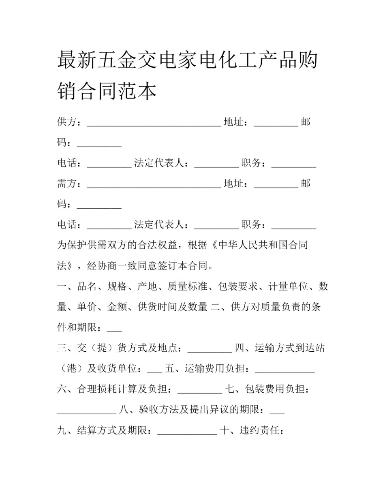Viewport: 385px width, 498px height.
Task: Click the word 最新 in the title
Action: [77, 60]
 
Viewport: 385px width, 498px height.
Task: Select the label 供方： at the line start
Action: [71, 122]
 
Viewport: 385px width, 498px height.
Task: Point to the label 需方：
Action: [71, 184]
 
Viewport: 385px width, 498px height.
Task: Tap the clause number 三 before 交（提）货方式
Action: [62, 348]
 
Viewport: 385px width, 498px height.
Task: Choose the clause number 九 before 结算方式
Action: [62, 430]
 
